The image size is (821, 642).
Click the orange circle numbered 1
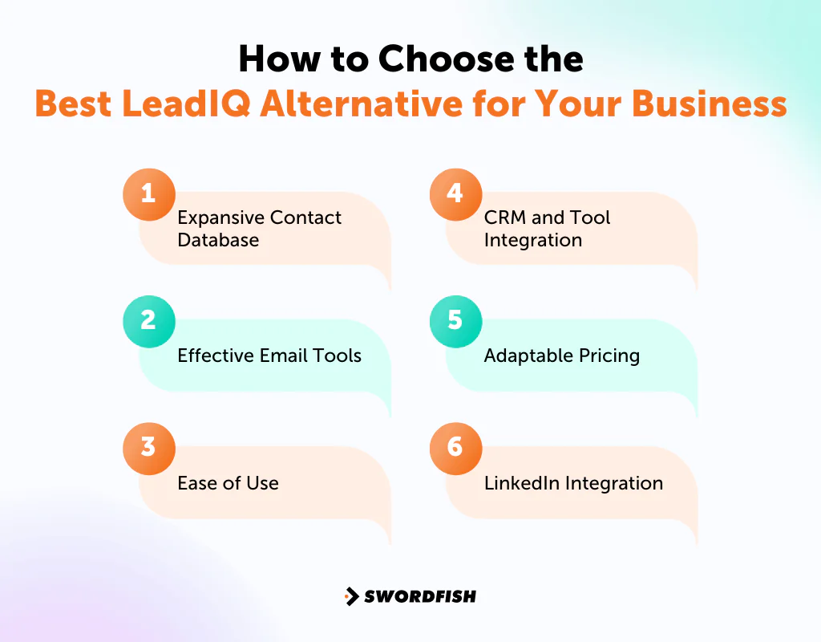[148, 194]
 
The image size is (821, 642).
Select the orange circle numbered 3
[148, 448]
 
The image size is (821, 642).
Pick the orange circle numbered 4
[455, 194]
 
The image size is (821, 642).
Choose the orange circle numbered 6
[455, 448]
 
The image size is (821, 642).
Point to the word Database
[218, 240]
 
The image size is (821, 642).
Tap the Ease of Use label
[228, 483]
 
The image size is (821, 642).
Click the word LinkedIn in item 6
[522, 483]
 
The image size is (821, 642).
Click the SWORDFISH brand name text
[420, 596]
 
